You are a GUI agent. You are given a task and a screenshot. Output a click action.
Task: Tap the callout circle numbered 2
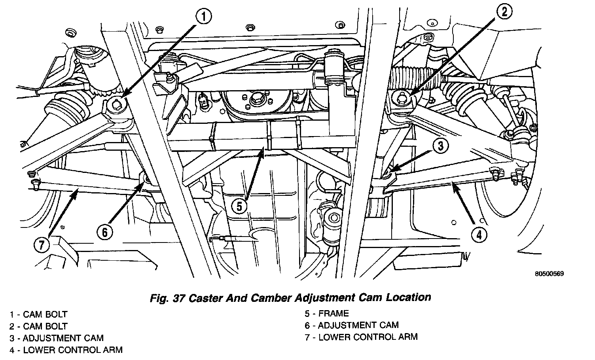(x=504, y=12)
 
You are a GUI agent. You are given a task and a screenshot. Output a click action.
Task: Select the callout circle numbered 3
(x=440, y=146)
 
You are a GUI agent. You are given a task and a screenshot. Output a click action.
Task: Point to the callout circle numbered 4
(x=479, y=235)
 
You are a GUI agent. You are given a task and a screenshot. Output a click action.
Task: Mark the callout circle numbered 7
(x=42, y=245)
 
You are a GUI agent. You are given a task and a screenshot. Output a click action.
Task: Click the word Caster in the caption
(x=210, y=297)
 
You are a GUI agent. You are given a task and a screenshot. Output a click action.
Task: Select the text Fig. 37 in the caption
(x=166, y=297)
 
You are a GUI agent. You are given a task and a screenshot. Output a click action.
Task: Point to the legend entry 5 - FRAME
(x=327, y=314)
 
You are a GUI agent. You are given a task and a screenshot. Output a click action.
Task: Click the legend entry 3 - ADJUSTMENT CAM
(x=57, y=338)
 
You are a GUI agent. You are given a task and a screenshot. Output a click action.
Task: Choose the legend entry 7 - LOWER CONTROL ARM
(x=361, y=337)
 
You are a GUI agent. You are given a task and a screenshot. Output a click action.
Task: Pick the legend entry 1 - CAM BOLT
(x=39, y=315)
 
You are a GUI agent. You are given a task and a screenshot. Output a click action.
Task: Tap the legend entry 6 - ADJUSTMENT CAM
(x=352, y=325)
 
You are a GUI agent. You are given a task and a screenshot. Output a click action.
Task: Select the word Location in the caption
(x=409, y=297)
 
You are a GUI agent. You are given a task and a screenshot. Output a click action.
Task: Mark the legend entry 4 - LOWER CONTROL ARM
(x=66, y=350)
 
